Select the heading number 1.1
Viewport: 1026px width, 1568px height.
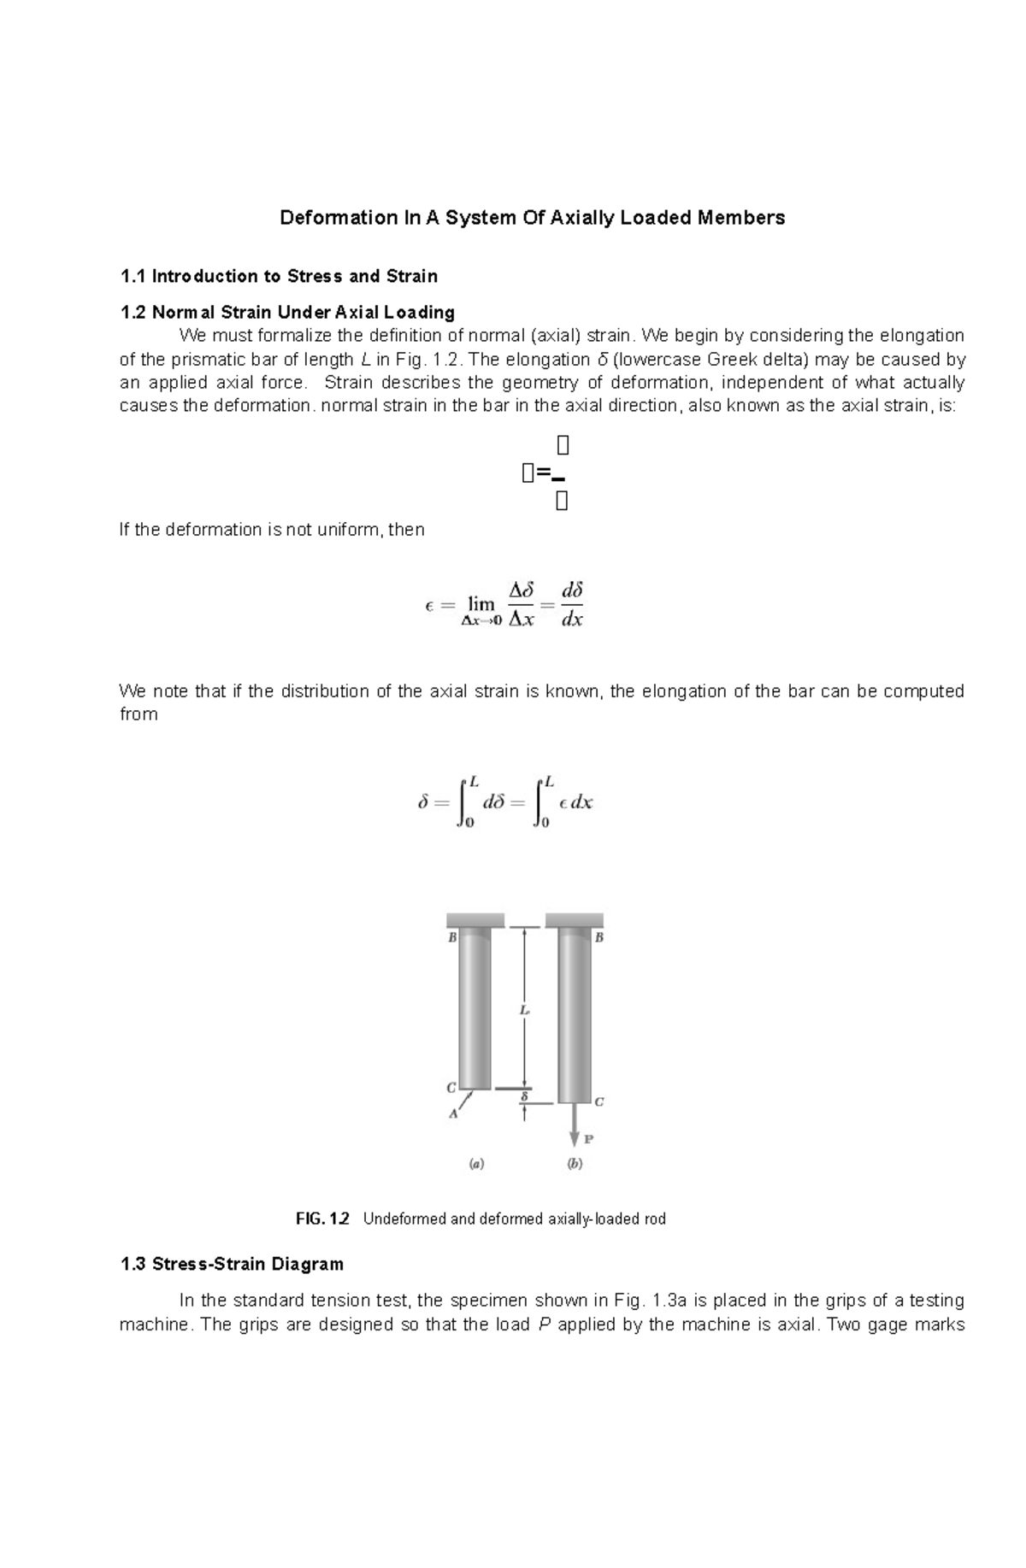(x=133, y=276)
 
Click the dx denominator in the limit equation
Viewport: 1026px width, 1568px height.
(x=571, y=620)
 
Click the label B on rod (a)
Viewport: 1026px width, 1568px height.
(x=453, y=937)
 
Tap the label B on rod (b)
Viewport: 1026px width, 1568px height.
(x=599, y=937)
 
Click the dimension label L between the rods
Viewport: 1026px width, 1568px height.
(x=524, y=1010)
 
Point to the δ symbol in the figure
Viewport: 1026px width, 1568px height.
(x=524, y=1095)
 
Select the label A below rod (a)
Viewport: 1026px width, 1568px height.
(x=454, y=1113)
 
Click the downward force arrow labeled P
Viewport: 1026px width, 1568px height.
(x=575, y=1127)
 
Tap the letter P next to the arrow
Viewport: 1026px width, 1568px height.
(x=589, y=1139)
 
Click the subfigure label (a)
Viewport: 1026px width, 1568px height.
(x=476, y=1164)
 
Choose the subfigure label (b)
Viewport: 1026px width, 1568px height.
(x=575, y=1164)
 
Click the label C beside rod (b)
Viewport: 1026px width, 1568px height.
(x=599, y=1101)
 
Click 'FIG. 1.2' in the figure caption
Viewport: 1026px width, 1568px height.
(x=322, y=1219)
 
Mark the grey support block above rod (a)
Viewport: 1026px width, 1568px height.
(x=475, y=920)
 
